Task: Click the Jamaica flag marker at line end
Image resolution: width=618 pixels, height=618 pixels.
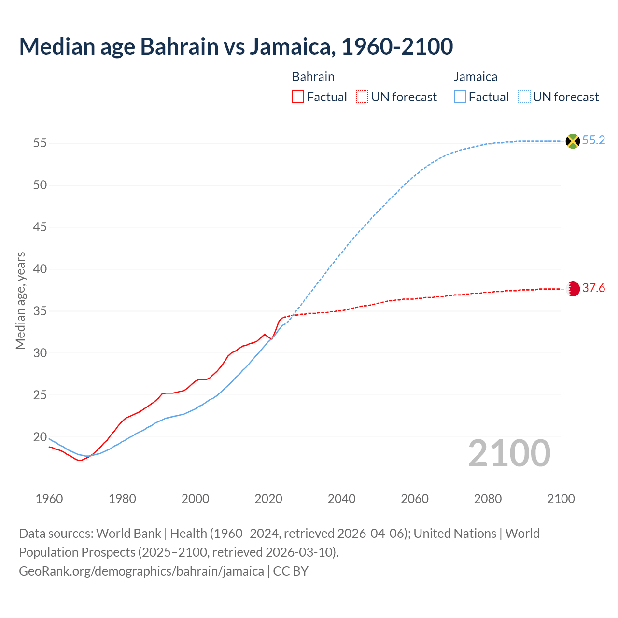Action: (573, 141)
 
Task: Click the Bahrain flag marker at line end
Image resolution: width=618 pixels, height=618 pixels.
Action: (573, 289)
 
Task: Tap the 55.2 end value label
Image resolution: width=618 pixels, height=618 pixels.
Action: (593, 140)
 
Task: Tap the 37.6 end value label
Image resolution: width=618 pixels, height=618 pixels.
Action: (593, 288)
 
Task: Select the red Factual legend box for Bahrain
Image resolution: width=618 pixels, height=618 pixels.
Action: (298, 97)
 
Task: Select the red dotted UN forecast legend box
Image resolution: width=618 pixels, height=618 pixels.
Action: (362, 97)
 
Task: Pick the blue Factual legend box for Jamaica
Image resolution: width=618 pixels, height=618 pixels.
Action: (460, 97)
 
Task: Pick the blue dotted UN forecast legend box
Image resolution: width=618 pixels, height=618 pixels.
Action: (524, 97)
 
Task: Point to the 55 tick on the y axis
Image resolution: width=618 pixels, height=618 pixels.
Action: (40, 143)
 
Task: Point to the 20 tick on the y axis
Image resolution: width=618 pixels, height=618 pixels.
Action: (40, 437)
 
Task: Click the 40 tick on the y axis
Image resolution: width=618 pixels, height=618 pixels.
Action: (40, 269)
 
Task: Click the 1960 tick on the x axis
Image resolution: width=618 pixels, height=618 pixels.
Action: (49, 499)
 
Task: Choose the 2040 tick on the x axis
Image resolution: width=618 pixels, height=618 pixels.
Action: (341, 499)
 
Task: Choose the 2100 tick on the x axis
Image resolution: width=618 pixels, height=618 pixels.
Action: (561, 499)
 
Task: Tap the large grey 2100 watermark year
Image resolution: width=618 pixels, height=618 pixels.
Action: (509, 453)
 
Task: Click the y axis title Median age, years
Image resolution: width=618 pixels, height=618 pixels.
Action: (20, 300)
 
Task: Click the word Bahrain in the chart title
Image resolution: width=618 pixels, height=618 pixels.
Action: (179, 46)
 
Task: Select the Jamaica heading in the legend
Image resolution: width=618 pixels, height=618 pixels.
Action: (475, 77)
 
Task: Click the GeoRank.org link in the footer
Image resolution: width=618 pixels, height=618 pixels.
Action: (141, 571)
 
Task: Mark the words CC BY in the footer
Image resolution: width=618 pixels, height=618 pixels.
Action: (291, 571)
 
